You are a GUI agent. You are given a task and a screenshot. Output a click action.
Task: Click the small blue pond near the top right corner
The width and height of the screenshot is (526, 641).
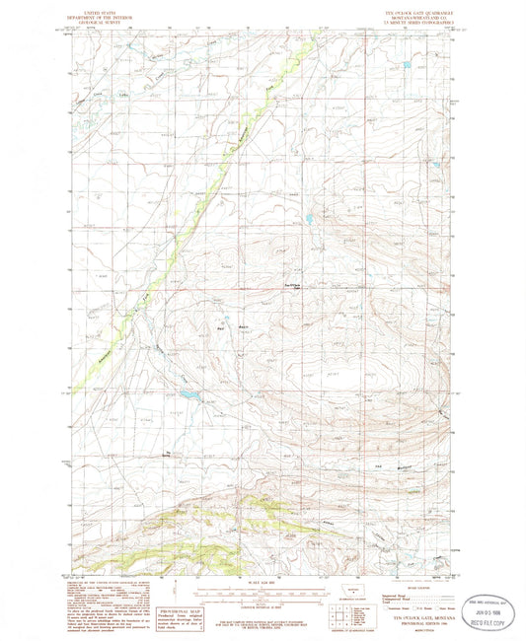tap(405, 66)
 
